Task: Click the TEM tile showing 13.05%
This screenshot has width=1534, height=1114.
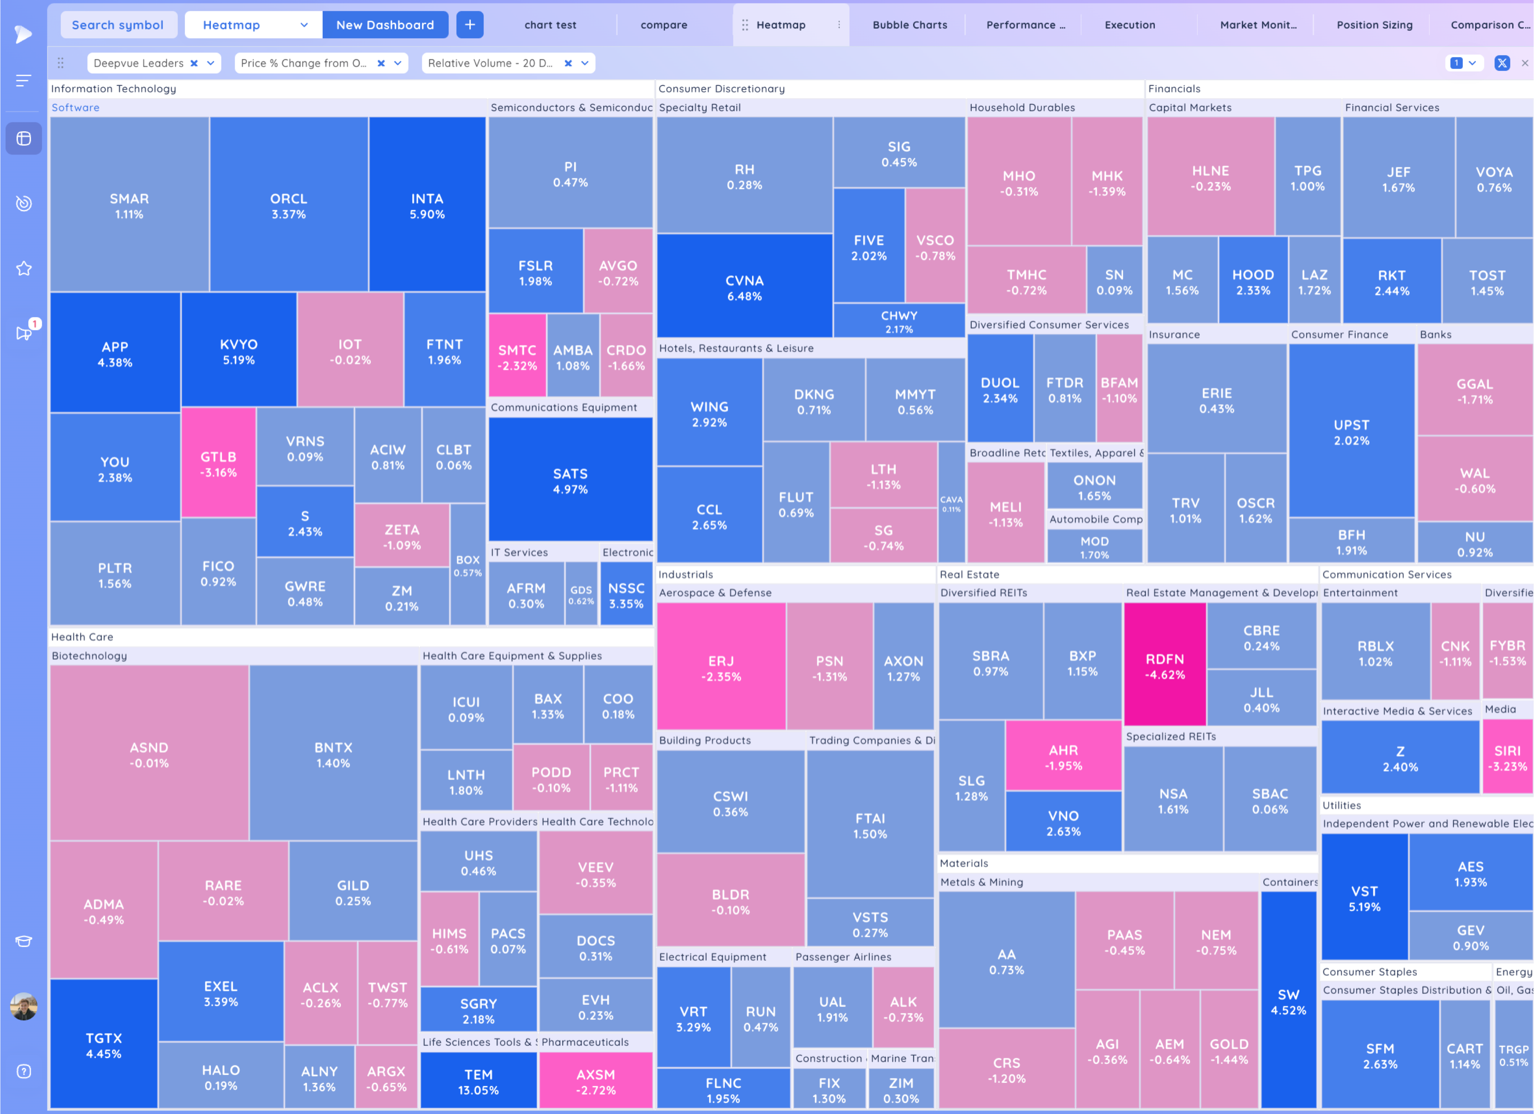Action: click(x=478, y=1081)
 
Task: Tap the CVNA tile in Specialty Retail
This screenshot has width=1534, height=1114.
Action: click(x=744, y=287)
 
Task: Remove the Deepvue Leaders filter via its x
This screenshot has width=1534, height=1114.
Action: click(x=194, y=63)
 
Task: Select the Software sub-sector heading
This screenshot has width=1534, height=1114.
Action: click(x=75, y=107)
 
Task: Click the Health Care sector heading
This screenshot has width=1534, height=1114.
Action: click(x=82, y=636)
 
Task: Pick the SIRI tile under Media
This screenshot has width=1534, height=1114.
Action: click(x=1507, y=758)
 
